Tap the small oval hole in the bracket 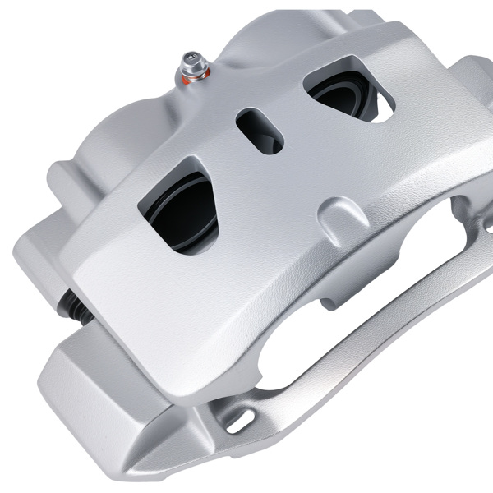pyautogui.click(x=239, y=420)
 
